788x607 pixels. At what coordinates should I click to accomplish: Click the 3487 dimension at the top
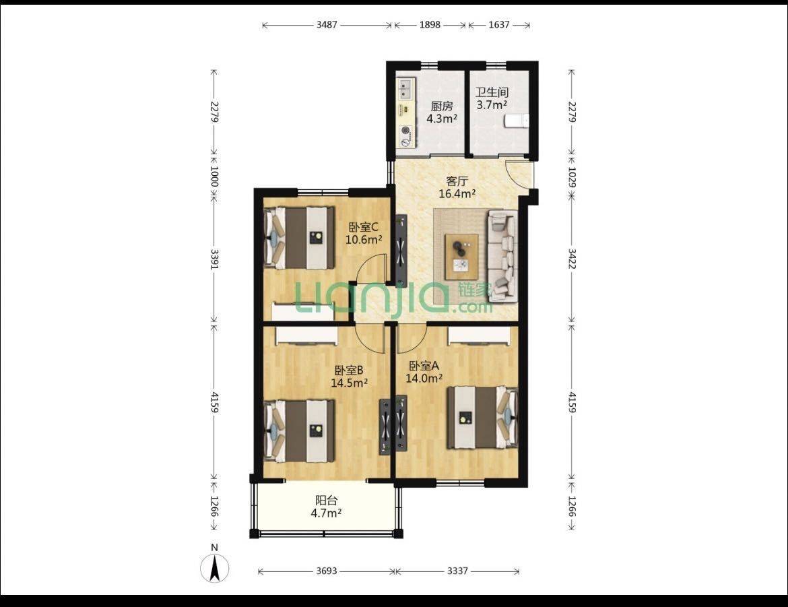pyautogui.click(x=327, y=25)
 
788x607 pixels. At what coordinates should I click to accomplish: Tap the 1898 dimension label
pyautogui.click(x=430, y=25)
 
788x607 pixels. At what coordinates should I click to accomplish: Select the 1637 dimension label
pyautogui.click(x=499, y=25)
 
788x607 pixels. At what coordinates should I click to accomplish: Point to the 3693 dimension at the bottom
pyautogui.click(x=327, y=571)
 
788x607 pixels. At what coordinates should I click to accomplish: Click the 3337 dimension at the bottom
pyautogui.click(x=458, y=571)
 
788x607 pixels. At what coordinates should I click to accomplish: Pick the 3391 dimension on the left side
pyautogui.click(x=215, y=259)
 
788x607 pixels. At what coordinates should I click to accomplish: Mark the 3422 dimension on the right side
pyautogui.click(x=572, y=258)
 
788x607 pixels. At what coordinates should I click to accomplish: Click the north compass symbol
pyautogui.click(x=215, y=565)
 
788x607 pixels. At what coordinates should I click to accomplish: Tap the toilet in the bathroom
pyautogui.click(x=517, y=121)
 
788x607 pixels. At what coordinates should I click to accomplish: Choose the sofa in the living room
pyautogui.click(x=503, y=256)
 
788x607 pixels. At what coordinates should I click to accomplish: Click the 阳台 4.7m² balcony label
pyautogui.click(x=326, y=507)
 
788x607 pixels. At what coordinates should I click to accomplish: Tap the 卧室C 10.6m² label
pyautogui.click(x=364, y=233)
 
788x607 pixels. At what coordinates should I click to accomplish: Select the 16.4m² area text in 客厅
pyautogui.click(x=457, y=193)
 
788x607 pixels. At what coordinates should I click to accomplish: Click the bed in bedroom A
pyautogui.click(x=482, y=417)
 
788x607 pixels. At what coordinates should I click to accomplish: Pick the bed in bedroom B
pyautogui.click(x=299, y=430)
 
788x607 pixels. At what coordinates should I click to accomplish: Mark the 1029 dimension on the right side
pyautogui.click(x=572, y=177)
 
